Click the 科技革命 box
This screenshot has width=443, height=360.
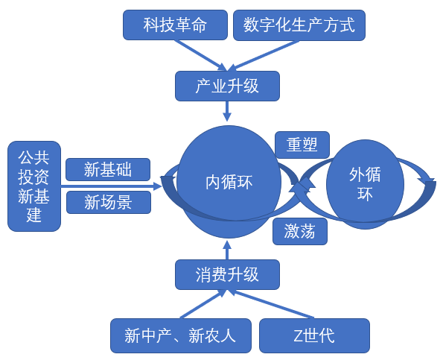(x=175, y=25)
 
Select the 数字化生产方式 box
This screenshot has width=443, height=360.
(x=299, y=25)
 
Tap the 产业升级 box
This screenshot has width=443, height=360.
(x=227, y=86)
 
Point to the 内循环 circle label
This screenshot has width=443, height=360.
(x=229, y=182)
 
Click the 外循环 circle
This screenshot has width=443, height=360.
(x=365, y=184)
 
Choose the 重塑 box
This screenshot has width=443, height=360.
(x=302, y=145)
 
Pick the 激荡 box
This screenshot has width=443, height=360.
(x=300, y=231)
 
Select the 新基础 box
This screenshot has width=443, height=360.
(x=108, y=169)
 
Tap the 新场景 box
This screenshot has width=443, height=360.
(x=109, y=202)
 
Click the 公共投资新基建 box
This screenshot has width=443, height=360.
(x=34, y=186)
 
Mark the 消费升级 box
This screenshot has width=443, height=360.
(x=227, y=274)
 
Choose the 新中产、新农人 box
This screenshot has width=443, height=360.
(x=181, y=335)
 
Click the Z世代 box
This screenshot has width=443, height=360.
(x=314, y=335)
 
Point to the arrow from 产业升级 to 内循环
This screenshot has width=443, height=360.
(x=227, y=111)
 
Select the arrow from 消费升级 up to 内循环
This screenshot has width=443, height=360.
(x=227, y=250)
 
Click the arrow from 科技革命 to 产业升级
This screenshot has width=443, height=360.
(x=201, y=56)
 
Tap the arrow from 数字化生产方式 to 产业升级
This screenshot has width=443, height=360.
(x=264, y=56)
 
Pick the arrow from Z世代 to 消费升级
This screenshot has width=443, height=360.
(x=270, y=304)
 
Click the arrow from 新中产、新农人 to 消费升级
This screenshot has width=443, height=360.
(x=203, y=304)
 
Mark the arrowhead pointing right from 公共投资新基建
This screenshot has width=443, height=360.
(x=157, y=186)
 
